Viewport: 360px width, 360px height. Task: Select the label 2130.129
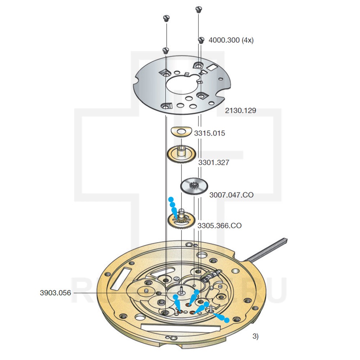click(240, 111)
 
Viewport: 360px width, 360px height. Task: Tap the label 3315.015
click(210, 133)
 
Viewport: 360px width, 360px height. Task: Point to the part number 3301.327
click(214, 163)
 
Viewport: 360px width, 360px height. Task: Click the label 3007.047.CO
click(231, 195)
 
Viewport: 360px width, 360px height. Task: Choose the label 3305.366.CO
click(220, 226)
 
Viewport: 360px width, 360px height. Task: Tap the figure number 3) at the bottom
click(255, 337)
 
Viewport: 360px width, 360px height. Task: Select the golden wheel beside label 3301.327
click(181, 154)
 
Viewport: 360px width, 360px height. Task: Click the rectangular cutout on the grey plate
click(212, 67)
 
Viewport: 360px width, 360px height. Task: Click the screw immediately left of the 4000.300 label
click(202, 40)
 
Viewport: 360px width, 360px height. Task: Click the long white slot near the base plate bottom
click(180, 328)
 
